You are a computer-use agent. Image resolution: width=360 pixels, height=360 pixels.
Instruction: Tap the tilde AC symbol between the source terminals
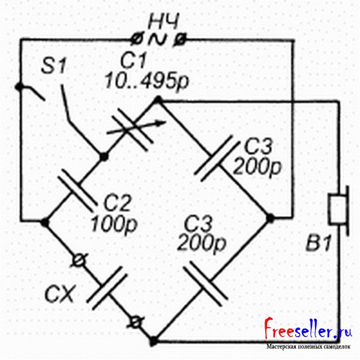click(x=158, y=40)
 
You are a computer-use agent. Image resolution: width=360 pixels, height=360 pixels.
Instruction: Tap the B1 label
click(x=318, y=246)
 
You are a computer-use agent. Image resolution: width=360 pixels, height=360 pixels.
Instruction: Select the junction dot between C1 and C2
click(x=103, y=157)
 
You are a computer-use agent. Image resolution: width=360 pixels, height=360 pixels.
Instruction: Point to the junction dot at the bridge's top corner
click(x=158, y=102)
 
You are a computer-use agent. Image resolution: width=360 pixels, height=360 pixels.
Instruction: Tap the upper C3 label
click(x=259, y=146)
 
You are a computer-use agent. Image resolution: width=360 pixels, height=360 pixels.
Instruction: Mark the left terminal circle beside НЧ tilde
click(x=136, y=40)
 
